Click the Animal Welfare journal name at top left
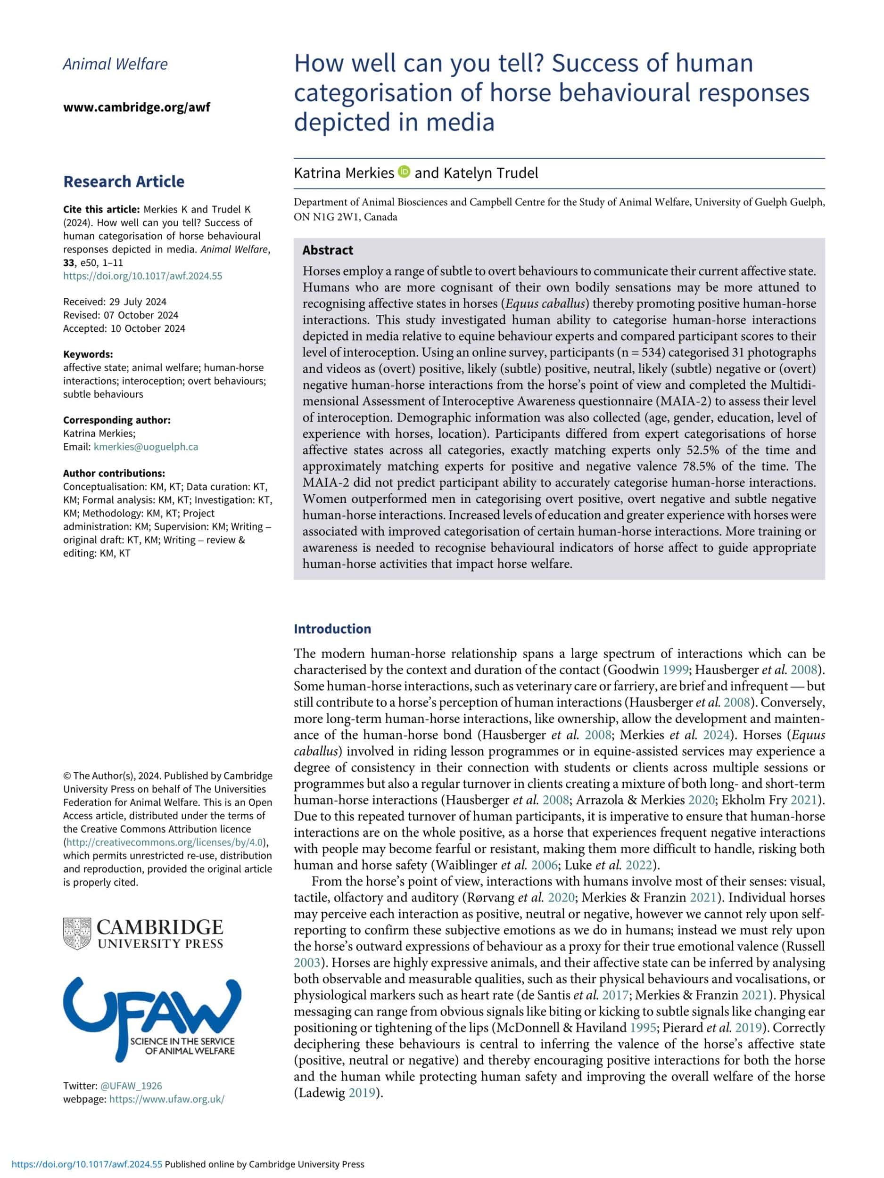[x=115, y=65]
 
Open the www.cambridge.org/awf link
[x=136, y=107]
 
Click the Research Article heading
[x=124, y=181]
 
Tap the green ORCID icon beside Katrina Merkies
[x=404, y=172]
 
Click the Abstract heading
[x=328, y=250]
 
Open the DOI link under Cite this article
[x=142, y=276]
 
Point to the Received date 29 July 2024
[x=115, y=302]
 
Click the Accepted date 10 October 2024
[x=124, y=328]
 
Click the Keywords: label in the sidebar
[x=88, y=354]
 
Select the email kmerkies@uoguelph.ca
[x=146, y=447]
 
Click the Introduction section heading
[x=332, y=629]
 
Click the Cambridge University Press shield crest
[x=77, y=933]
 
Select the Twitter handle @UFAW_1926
[x=131, y=1086]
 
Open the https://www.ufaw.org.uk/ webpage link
[x=167, y=1099]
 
